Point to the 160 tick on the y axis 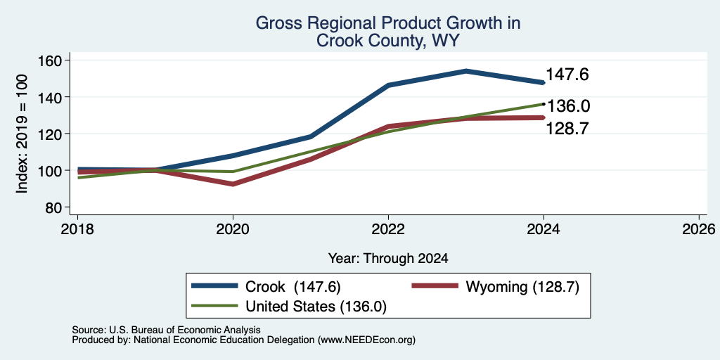[67, 60]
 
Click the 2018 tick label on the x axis [77, 229]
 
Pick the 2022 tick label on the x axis [388, 229]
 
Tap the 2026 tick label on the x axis [700, 229]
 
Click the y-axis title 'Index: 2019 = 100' [22, 134]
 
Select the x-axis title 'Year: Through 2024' [388, 258]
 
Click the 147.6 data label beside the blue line [567, 75]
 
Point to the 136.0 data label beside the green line [568, 106]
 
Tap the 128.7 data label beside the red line [567, 129]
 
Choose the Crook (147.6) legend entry [266, 287]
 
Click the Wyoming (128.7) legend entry [495, 287]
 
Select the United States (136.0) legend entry [289, 306]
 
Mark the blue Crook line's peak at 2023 [466, 71]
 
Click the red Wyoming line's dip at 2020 [233, 184]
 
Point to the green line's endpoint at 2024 [544, 104]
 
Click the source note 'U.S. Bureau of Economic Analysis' [185, 330]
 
